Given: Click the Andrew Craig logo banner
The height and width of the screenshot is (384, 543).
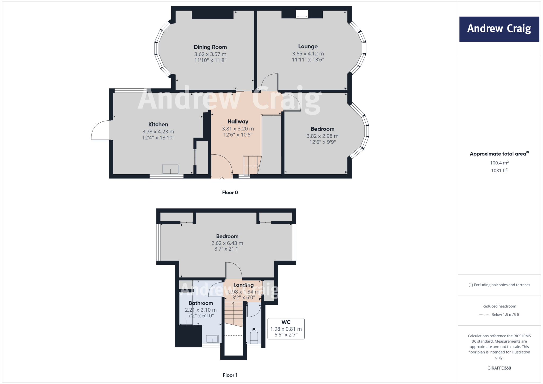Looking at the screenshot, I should pyautogui.click(x=499, y=29).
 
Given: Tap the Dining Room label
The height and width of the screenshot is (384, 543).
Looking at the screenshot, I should pyautogui.click(x=210, y=47).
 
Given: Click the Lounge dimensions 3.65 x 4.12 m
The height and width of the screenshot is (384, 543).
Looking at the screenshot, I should pyautogui.click(x=308, y=54).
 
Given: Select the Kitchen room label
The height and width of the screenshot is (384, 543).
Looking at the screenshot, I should pyautogui.click(x=158, y=124).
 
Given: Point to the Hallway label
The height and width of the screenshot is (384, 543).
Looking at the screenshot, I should pyautogui.click(x=238, y=121).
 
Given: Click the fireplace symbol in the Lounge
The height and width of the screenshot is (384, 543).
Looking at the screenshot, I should pyautogui.click(x=302, y=15).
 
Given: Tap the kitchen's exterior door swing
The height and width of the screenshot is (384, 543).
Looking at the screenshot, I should pyautogui.click(x=99, y=130).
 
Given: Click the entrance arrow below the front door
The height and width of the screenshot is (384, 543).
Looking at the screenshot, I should pyautogui.click(x=222, y=179).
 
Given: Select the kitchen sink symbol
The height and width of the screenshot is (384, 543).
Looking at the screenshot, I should pyautogui.click(x=170, y=169).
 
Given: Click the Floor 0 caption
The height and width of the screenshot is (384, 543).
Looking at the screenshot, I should pyautogui.click(x=230, y=193).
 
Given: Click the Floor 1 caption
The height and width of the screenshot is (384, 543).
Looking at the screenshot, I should pyautogui.click(x=230, y=375).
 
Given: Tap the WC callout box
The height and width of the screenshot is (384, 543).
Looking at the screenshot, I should pyautogui.click(x=286, y=329).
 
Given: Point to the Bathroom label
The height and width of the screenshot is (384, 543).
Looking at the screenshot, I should pyautogui.click(x=201, y=303).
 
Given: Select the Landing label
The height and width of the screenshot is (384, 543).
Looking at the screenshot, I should pyautogui.click(x=243, y=285).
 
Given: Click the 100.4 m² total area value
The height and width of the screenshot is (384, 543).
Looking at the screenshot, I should pyautogui.click(x=499, y=163).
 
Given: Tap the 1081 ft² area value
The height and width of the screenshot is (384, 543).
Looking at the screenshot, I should pyautogui.click(x=499, y=171).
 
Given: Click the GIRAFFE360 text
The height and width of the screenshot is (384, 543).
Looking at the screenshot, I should pyautogui.click(x=499, y=368).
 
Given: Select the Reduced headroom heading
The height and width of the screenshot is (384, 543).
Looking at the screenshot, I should pyautogui.click(x=499, y=306).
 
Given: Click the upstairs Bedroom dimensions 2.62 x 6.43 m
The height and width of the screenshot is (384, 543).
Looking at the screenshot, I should pyautogui.click(x=227, y=243).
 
